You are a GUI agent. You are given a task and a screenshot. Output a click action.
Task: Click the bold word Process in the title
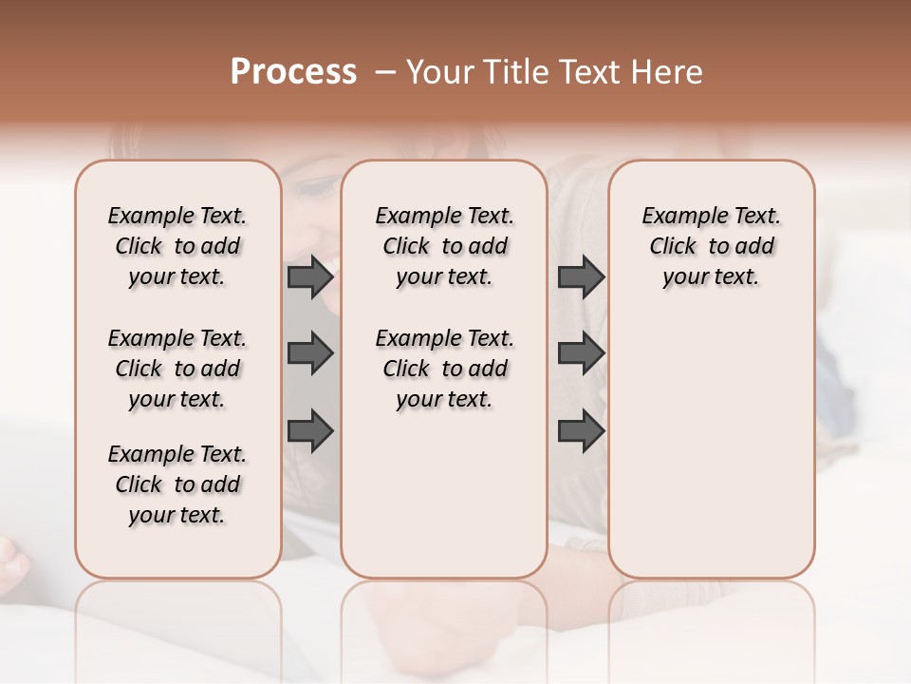point(293,72)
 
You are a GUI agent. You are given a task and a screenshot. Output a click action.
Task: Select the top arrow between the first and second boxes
point(310,277)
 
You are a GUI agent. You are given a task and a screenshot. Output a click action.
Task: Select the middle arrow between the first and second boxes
point(310,353)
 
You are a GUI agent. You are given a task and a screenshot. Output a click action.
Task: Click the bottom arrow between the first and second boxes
point(310,430)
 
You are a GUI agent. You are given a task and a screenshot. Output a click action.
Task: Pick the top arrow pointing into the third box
point(581,277)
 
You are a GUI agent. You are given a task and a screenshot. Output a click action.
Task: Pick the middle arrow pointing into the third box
point(581,353)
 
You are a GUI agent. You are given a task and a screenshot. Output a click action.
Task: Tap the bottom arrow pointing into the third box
point(581,430)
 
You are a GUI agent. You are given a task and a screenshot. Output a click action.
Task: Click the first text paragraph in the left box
point(177,246)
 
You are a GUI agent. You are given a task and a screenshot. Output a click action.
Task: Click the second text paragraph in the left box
point(177,369)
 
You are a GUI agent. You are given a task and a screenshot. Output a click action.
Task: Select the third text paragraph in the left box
point(177,484)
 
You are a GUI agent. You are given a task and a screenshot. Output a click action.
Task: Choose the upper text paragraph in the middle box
point(444,246)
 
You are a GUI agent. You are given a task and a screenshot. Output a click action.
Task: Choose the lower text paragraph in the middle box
point(444,369)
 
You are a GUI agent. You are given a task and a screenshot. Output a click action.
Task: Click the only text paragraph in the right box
point(711,246)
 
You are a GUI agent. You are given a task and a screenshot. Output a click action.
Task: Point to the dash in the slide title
point(385,72)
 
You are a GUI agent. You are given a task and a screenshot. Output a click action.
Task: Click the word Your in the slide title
point(440,72)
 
